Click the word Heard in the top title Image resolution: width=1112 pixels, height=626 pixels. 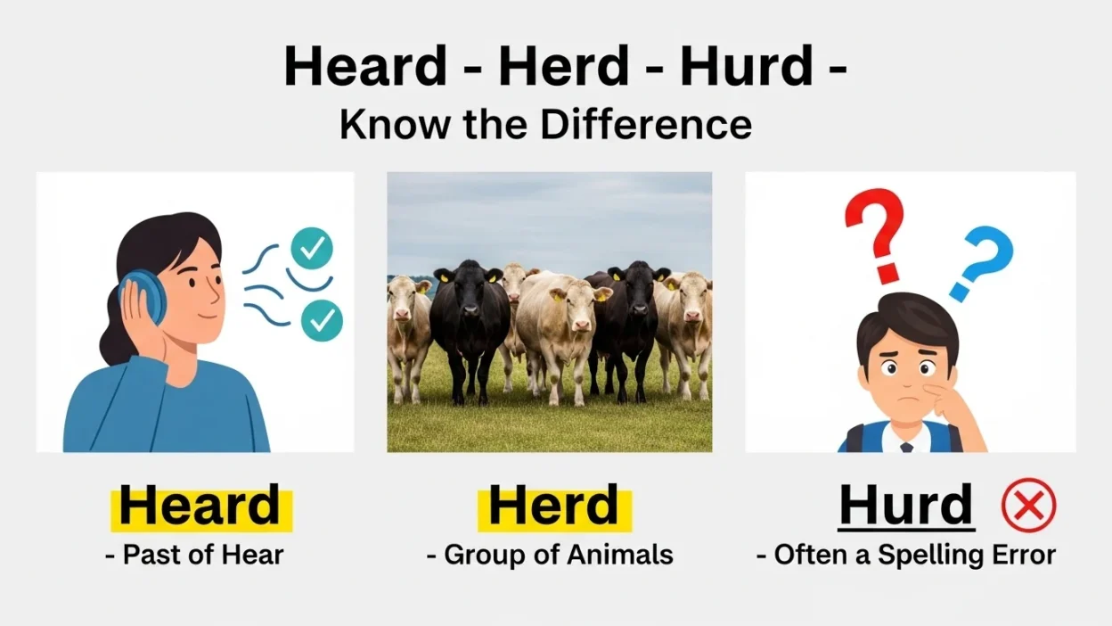364,66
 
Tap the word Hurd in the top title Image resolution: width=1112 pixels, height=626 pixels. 746,66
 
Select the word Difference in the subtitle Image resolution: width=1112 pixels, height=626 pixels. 646,125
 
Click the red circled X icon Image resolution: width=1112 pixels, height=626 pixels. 1028,506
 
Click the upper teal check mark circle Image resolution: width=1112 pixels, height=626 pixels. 312,249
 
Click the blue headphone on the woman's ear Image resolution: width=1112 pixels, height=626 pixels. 143,297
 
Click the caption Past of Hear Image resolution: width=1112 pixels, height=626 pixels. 194,555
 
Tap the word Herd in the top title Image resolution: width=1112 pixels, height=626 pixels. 563,66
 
